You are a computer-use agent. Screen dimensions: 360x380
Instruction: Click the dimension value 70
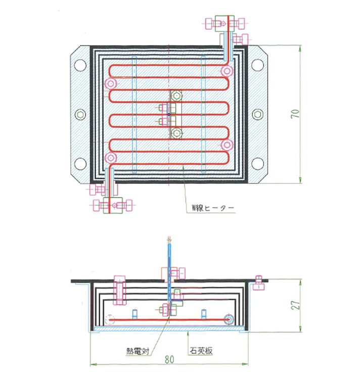(295, 114)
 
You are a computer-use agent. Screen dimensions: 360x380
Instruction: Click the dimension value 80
(169, 359)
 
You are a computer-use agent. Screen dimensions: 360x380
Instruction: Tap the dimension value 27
(295, 305)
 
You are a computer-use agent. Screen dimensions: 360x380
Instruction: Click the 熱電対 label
(138, 351)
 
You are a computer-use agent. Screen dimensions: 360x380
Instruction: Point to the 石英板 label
(201, 350)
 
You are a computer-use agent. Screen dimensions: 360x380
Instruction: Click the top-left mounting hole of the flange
(80, 65)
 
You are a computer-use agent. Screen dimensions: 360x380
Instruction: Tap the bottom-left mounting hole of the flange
(80, 164)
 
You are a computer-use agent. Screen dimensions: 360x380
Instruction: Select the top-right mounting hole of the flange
(258, 65)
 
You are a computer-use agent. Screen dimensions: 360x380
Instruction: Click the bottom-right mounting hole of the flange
(258, 164)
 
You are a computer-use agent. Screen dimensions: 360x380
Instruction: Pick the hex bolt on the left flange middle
(80, 114)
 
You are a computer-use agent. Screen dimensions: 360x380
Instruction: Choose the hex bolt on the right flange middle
(258, 114)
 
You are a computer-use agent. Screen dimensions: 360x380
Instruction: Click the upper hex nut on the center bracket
(176, 96)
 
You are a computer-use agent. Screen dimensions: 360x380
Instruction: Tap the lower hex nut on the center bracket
(176, 133)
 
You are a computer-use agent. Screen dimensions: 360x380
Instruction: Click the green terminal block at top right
(224, 24)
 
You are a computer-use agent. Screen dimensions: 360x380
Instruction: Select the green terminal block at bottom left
(113, 206)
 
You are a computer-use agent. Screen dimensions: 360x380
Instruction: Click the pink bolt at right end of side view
(259, 283)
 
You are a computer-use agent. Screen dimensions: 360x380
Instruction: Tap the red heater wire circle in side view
(229, 320)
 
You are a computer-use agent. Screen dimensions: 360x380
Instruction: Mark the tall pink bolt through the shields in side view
(119, 290)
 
